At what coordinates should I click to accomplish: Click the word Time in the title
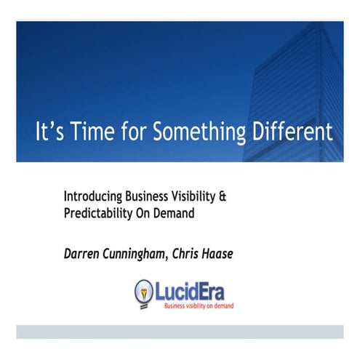(81, 134)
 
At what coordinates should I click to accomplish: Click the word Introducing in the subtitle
(91, 196)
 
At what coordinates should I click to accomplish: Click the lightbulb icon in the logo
(145, 292)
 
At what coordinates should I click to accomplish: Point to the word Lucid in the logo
(177, 289)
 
